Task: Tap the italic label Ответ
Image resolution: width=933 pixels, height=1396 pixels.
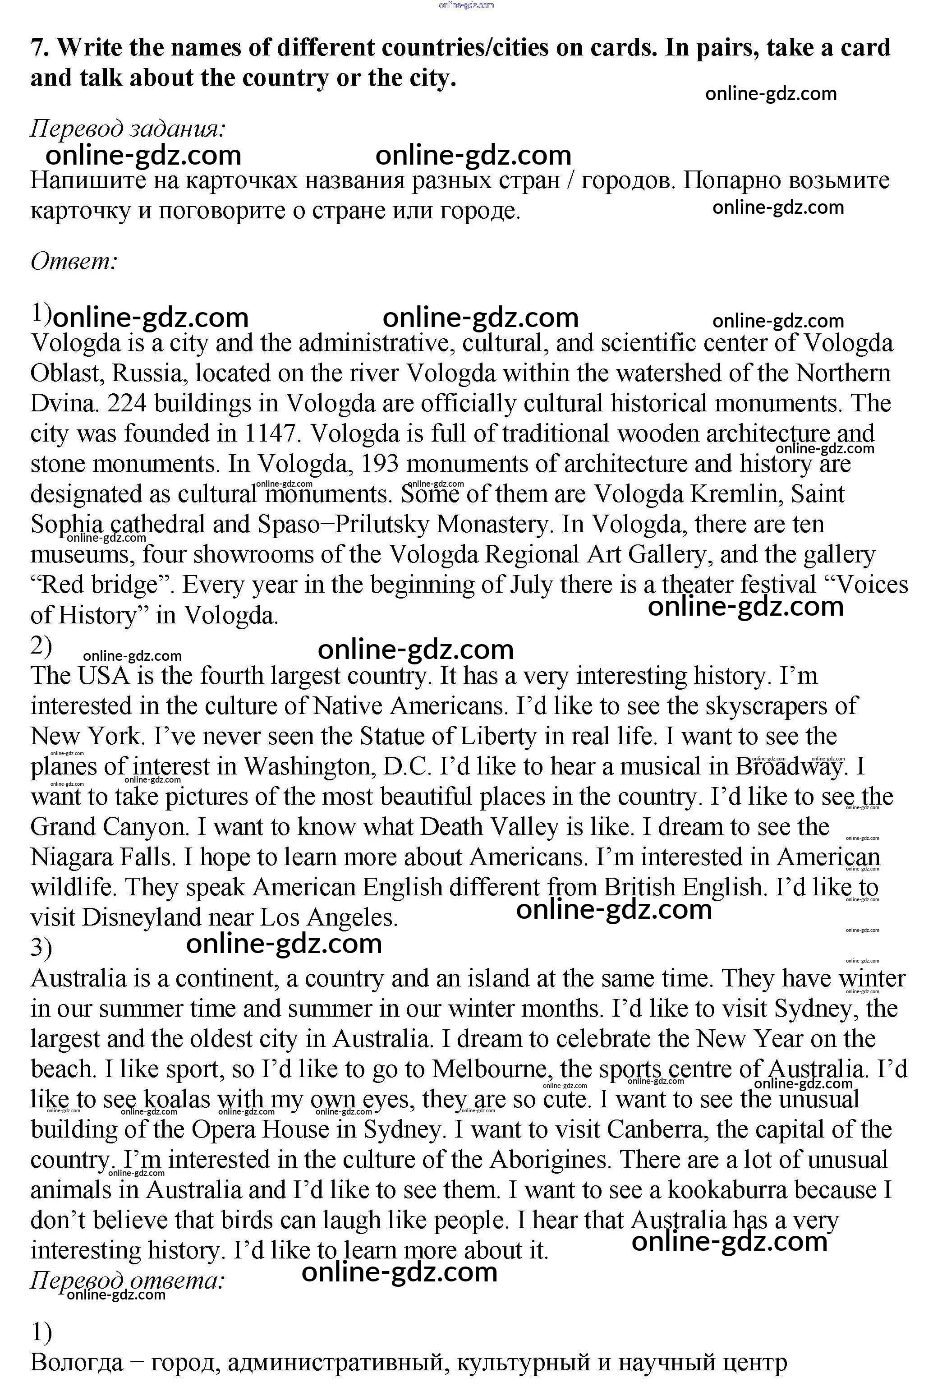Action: (74, 261)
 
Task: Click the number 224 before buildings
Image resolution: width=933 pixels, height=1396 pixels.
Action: (127, 403)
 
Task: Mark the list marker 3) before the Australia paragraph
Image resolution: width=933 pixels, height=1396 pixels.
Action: (41, 949)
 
